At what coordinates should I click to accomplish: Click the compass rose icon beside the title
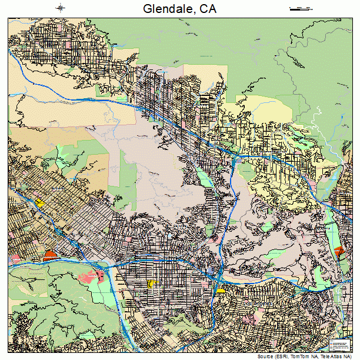tap(61, 8)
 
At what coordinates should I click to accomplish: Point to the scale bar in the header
tap(300, 8)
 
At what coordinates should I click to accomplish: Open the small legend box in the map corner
tap(339, 345)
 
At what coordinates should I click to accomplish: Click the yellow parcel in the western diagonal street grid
tap(40, 202)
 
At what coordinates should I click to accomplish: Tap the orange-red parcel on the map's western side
tap(49, 256)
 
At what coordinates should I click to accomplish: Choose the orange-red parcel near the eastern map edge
tap(339, 251)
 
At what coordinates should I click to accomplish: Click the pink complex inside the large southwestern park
tap(97, 275)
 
